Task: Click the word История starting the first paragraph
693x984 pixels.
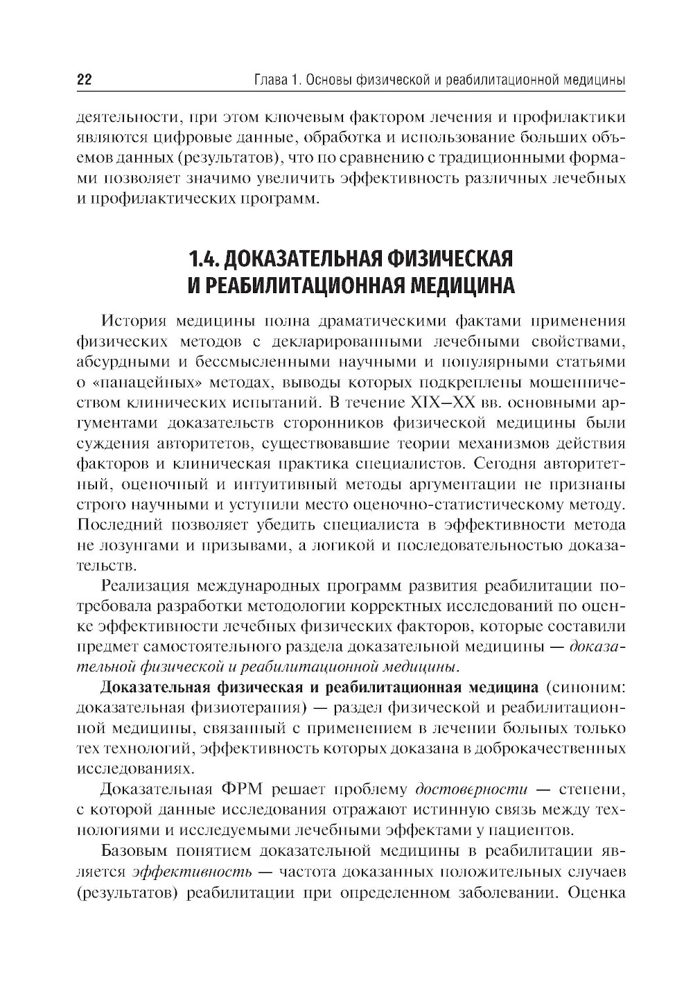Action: tap(134, 322)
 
